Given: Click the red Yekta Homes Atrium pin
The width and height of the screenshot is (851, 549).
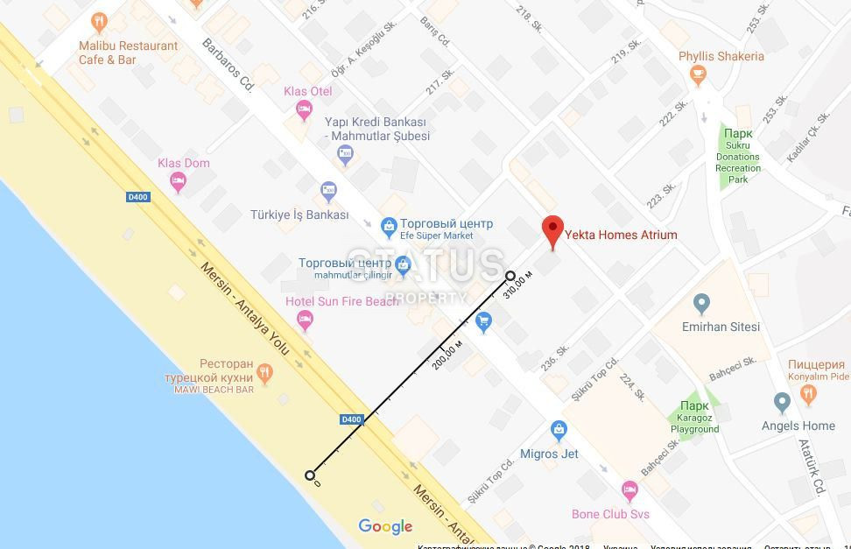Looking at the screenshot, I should tap(552, 230).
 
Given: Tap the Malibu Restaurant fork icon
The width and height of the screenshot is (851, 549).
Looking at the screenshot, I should tap(99, 22).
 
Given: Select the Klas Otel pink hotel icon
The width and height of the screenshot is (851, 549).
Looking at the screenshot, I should tap(304, 109).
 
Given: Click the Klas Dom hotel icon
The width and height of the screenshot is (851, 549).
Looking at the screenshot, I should tap(179, 181).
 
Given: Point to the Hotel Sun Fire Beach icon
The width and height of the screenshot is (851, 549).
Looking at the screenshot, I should tap(305, 320).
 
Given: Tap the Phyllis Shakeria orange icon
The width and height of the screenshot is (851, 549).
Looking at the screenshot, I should tap(698, 75).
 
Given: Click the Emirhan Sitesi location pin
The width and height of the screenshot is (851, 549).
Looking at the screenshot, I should tap(700, 304).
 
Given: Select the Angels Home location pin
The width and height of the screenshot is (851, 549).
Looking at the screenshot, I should tap(783, 402).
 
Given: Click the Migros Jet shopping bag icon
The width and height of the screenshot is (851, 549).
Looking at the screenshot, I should tap(559, 430).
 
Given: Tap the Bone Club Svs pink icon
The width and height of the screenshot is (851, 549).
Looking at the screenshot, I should tap(629, 490).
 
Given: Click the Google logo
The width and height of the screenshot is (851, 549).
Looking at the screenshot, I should tap(385, 526).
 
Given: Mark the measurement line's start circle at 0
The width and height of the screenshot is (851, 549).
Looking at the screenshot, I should tap(310, 475).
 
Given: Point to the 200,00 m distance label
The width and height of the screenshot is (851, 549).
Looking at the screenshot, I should tap(447, 355).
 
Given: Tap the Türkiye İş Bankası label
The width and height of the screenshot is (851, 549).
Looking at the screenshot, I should tap(299, 215).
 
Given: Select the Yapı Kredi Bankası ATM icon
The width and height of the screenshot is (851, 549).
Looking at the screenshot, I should tap(345, 155).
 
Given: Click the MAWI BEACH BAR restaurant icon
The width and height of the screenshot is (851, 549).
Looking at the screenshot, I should tap(265, 375).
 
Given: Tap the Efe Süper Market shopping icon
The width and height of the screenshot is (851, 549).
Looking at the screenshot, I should tap(390, 229).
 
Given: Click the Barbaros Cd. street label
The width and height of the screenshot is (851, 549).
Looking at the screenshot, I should tap(228, 65).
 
